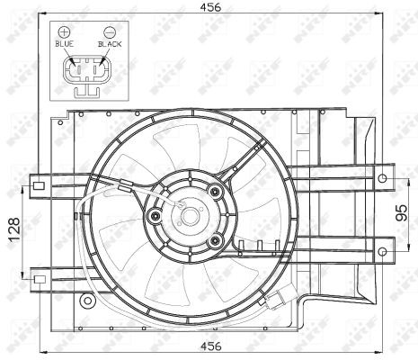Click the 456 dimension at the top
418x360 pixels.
click(x=210, y=7)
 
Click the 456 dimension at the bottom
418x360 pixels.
click(x=210, y=346)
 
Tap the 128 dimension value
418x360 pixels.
click(x=14, y=229)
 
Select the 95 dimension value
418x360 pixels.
click(x=402, y=212)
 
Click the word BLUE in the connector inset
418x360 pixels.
click(x=65, y=44)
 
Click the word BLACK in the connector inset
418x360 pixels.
click(x=110, y=44)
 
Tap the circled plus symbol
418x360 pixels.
click(x=64, y=31)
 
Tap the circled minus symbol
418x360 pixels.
click(x=110, y=31)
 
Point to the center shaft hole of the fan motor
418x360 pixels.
click(x=190, y=216)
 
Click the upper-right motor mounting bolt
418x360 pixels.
click(x=216, y=191)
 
